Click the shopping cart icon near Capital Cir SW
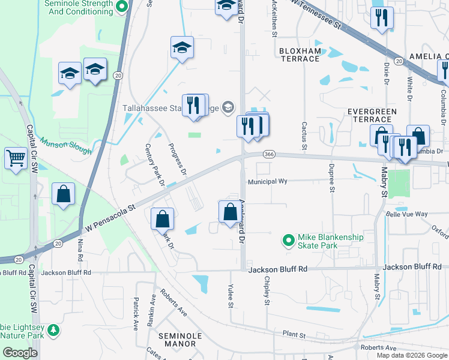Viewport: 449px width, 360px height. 16,159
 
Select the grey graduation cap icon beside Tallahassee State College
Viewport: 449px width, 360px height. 228,108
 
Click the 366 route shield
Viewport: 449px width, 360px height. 269,155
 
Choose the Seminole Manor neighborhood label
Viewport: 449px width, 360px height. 181,340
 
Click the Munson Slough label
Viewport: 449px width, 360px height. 65,144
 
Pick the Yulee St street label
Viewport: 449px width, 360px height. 231,296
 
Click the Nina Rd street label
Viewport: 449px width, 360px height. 80,251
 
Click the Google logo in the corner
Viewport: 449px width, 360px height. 20,353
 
